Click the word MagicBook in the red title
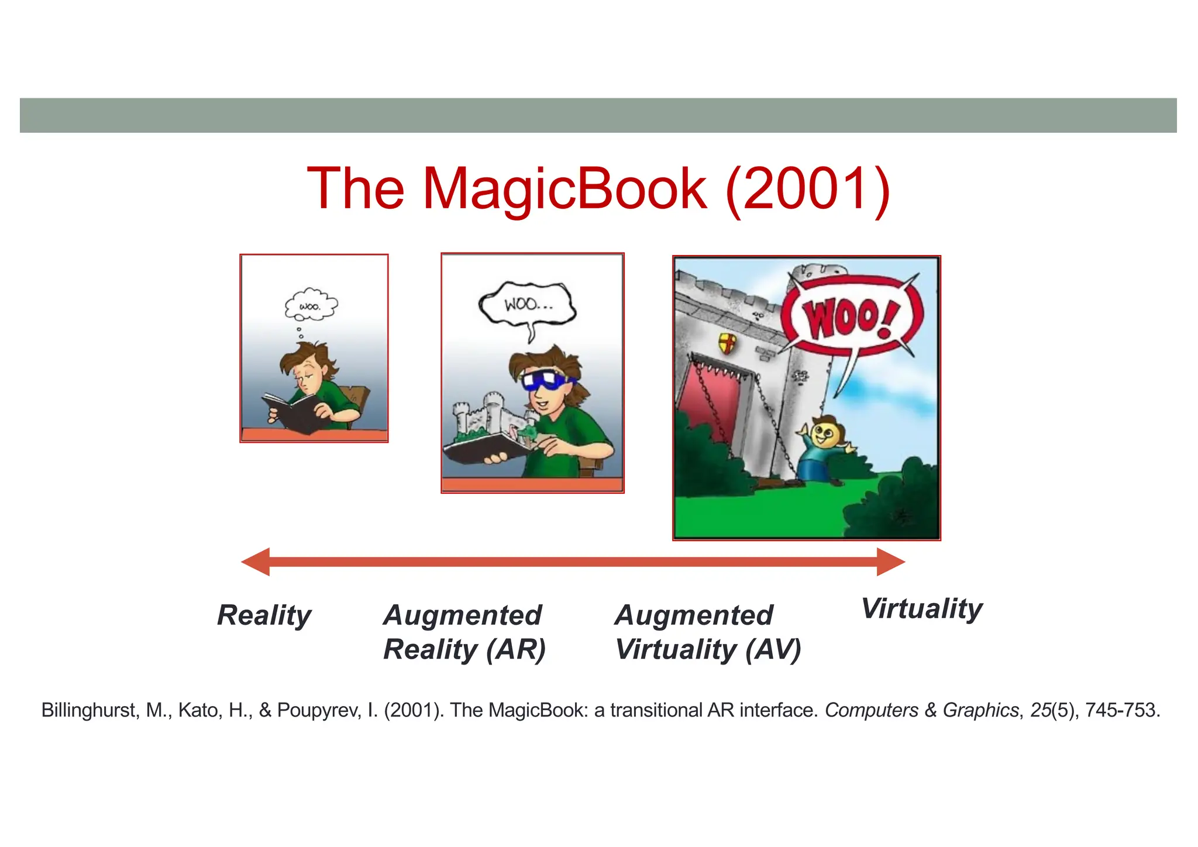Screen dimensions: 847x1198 tap(564, 189)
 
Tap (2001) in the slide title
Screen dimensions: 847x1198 tap(807, 189)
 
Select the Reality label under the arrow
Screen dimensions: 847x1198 tap(264, 615)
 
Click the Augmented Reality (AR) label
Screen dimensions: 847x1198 tap(464, 632)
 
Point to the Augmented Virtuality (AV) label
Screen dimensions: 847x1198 tap(708, 632)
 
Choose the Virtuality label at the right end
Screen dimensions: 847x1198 tap(922, 609)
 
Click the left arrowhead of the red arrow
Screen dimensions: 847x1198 tap(256, 562)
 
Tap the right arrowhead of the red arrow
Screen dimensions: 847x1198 tap(890, 562)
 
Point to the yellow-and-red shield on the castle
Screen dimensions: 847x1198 tap(727, 343)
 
